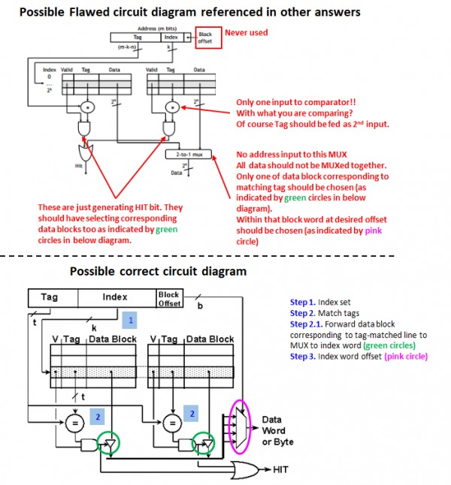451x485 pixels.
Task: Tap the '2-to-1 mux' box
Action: pos(189,154)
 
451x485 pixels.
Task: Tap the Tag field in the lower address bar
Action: pos(50,297)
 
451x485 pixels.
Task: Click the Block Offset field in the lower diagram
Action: pos(168,298)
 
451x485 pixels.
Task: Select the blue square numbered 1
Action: pos(129,320)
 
